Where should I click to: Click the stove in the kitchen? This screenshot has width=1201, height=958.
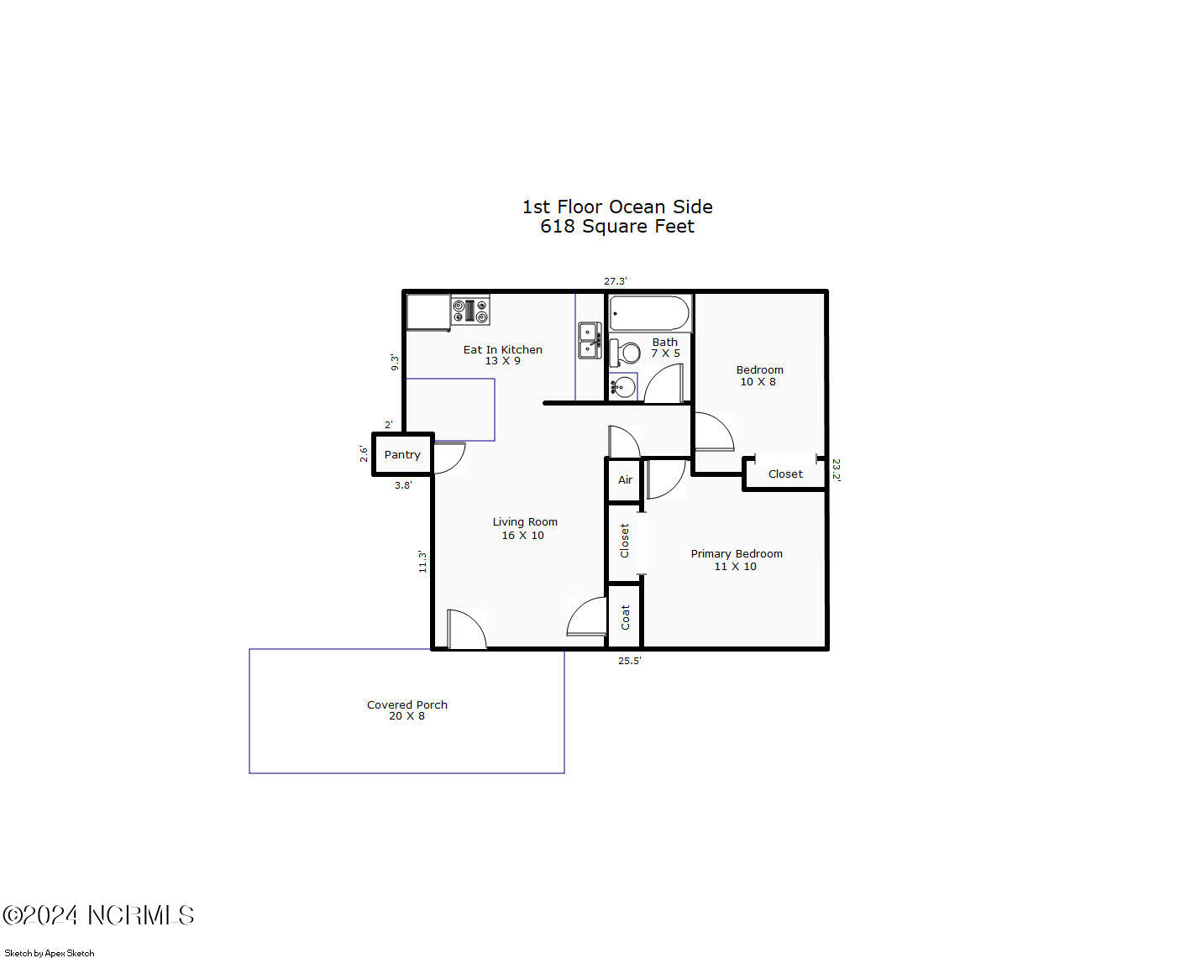point(470,311)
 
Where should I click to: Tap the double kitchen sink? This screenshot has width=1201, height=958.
point(590,340)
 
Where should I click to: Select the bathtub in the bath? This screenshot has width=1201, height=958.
point(649,313)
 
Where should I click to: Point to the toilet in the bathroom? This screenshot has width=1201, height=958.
point(625,353)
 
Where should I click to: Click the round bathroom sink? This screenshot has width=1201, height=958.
point(622,386)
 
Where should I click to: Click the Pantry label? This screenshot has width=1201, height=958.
point(402,454)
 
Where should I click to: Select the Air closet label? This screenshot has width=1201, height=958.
point(625,480)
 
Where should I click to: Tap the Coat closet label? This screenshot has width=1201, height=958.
point(625,617)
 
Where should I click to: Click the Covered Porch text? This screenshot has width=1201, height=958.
point(407,704)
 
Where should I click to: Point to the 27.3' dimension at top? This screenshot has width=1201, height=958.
point(616,281)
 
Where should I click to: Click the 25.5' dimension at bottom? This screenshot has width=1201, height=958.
point(629,661)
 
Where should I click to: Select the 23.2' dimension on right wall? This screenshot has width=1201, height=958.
point(836,469)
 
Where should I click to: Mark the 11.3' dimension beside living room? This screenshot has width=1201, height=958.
point(422,562)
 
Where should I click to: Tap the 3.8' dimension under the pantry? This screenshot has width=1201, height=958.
point(403,485)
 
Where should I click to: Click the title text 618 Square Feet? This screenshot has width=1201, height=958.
point(617,227)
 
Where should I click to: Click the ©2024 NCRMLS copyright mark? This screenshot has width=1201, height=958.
point(98,915)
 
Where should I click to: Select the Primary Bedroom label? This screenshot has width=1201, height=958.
point(737,553)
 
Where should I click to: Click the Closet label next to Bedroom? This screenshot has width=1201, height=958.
point(785,474)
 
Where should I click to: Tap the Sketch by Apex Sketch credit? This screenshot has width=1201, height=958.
point(50,953)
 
